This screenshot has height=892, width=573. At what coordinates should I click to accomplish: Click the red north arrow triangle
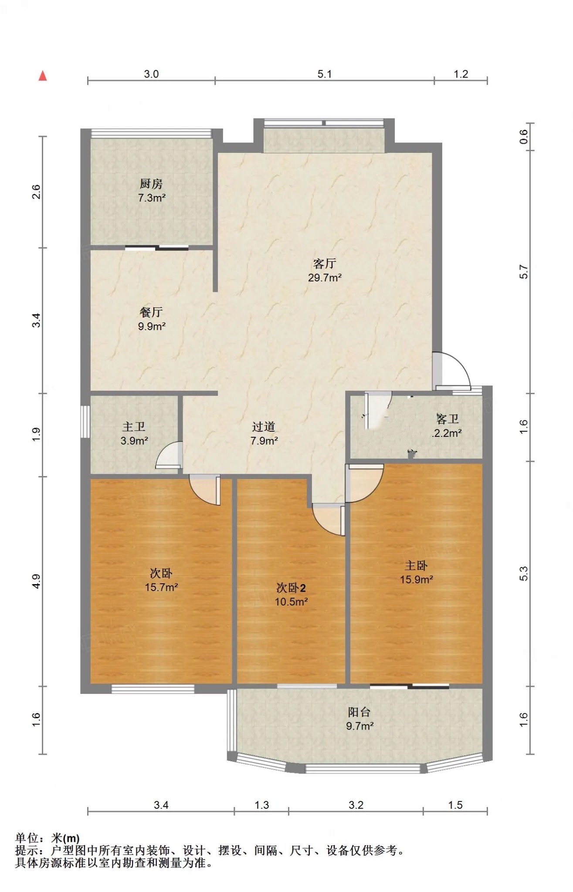42,76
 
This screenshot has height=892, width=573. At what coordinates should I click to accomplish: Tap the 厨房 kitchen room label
151,184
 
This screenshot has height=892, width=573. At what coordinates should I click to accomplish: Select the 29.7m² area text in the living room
325,277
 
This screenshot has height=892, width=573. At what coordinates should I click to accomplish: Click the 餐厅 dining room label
151,312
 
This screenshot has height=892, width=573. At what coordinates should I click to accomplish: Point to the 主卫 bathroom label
134,427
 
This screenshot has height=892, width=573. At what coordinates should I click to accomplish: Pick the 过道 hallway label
264,427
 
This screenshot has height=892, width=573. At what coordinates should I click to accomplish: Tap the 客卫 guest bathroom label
448,419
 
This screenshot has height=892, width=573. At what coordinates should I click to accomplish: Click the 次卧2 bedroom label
291,588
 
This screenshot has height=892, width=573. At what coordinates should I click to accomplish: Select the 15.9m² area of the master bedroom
417,580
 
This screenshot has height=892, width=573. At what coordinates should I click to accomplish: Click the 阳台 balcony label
359,712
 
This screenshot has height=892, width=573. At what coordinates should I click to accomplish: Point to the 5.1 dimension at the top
324,74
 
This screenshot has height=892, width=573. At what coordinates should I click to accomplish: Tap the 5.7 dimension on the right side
524,272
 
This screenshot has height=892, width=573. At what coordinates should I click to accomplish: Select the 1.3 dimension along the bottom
261,805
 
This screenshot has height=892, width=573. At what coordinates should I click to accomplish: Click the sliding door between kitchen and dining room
157,248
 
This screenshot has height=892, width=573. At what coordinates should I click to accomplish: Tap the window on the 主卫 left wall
85,422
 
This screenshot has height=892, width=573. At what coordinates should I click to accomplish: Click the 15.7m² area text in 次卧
161,587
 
